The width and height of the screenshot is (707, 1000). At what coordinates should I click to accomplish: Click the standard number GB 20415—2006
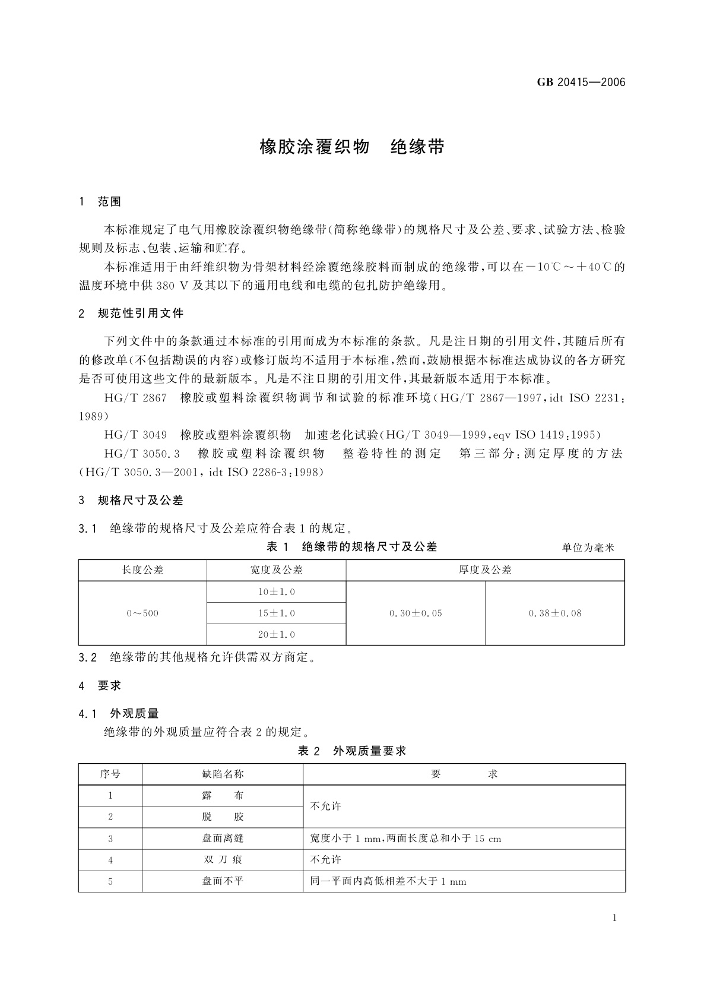[x=581, y=83]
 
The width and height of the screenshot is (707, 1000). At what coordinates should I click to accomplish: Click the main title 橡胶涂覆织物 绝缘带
[x=352, y=147]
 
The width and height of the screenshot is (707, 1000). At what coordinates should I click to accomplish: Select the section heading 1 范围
[x=100, y=202]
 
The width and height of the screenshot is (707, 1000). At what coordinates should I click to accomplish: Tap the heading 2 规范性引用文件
[x=131, y=313]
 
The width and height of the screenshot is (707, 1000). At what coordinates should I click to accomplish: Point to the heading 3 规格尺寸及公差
[x=131, y=500]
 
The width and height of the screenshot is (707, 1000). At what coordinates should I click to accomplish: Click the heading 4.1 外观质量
[x=119, y=713]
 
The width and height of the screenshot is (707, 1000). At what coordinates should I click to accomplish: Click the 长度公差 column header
[x=142, y=570]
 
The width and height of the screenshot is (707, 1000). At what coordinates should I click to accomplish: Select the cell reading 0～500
[x=142, y=613]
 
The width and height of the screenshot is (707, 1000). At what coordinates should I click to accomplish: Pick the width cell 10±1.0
[x=276, y=592]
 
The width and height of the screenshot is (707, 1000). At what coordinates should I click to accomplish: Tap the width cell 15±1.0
[x=276, y=613]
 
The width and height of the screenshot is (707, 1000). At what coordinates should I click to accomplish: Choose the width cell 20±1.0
[x=276, y=635]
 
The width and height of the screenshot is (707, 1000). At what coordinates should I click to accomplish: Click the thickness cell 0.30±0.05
[x=416, y=613]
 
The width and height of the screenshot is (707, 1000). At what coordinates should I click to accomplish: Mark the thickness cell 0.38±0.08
[x=555, y=613]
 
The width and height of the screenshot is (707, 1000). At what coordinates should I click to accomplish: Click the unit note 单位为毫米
[x=588, y=548]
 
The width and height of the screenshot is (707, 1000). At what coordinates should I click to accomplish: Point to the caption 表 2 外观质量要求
[x=352, y=751]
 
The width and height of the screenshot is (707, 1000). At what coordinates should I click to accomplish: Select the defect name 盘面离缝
[x=223, y=838]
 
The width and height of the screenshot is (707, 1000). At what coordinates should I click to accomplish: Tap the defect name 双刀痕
[x=223, y=860]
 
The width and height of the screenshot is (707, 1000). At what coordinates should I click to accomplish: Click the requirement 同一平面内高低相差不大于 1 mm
[x=388, y=881]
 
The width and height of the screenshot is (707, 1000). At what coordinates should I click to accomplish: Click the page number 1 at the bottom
[x=614, y=917]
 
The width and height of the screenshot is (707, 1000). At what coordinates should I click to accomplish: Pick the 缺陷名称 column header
[x=223, y=774]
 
